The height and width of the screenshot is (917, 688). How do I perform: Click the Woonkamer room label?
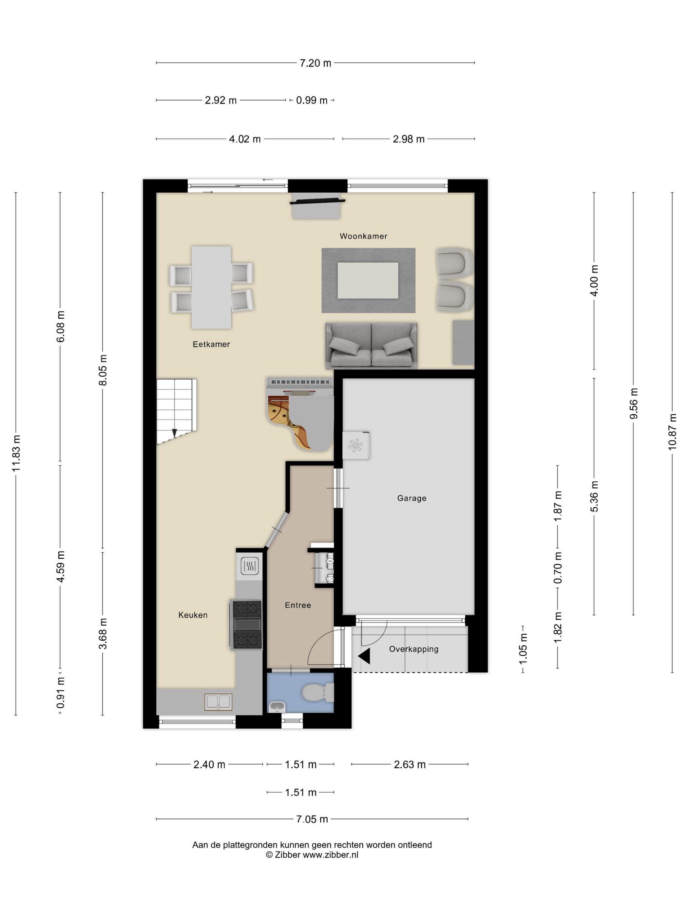(x=363, y=236)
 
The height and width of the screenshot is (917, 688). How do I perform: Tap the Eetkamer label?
(x=211, y=344)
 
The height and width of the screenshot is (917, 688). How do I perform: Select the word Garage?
(x=411, y=498)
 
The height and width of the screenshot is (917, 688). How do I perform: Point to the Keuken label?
(x=193, y=615)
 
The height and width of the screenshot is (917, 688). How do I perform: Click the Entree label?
(x=298, y=605)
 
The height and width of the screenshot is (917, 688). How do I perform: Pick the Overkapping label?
(x=413, y=649)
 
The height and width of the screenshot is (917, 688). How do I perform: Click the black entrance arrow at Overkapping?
(x=364, y=657)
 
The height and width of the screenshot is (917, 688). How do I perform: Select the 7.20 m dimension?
(x=315, y=63)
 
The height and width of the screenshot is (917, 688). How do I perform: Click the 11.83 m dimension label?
(x=16, y=454)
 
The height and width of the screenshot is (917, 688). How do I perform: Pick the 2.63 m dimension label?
(x=410, y=764)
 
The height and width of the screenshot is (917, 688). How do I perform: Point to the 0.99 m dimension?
(x=312, y=100)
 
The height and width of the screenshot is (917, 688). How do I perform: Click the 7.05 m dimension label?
(x=312, y=819)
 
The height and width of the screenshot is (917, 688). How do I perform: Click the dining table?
(x=211, y=287)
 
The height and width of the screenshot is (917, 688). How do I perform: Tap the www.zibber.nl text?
(x=330, y=855)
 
